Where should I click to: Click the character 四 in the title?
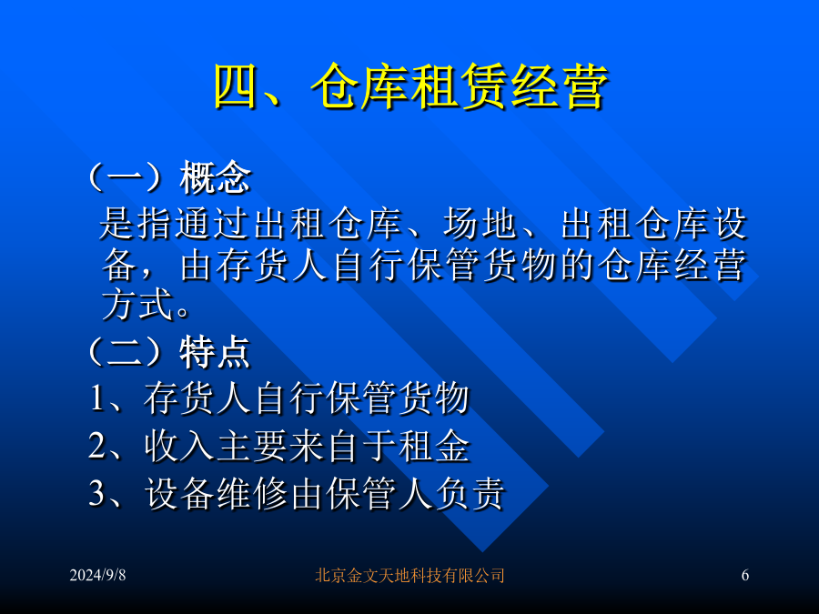235,86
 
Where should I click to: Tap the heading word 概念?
215,177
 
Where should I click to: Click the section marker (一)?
132,177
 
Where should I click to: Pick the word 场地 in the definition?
480,224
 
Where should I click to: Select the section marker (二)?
132,352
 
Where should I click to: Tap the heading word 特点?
215,352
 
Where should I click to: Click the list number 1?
97,398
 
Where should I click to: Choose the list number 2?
97,446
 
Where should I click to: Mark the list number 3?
97,493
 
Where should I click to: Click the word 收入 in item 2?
179,446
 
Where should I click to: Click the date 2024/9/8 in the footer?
97,575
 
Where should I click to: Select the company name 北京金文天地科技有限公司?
409,576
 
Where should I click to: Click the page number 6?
744,575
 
